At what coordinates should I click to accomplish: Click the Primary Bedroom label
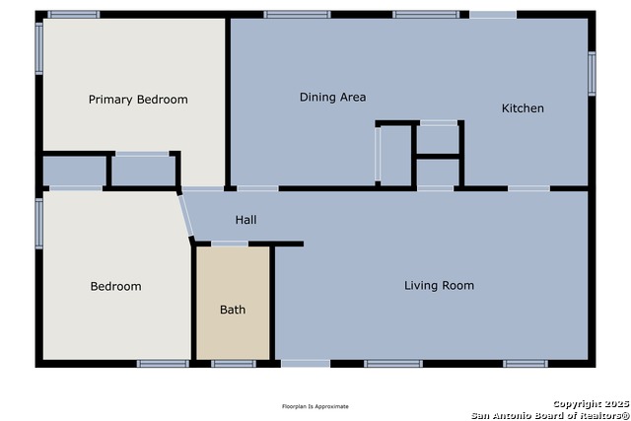tap(138, 100)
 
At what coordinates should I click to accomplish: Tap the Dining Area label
tap(333, 97)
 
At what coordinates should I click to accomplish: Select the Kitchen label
tap(523, 107)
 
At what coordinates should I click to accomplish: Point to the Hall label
tap(245, 219)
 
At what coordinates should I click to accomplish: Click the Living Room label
tap(439, 285)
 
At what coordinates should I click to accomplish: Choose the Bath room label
tap(233, 310)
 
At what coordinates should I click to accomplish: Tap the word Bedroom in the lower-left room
tap(116, 286)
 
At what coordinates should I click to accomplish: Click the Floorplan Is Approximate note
tap(315, 406)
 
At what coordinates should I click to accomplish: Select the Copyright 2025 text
tap(591, 403)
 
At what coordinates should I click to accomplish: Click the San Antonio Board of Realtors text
tap(550, 415)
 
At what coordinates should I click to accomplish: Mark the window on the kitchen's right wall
tap(592, 74)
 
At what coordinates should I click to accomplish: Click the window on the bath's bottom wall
tap(234, 364)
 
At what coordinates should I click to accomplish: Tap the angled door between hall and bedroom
tap(186, 215)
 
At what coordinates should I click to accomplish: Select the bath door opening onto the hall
tap(230, 244)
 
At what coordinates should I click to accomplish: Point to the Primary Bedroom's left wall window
tap(39, 48)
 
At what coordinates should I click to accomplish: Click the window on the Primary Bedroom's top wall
tap(74, 15)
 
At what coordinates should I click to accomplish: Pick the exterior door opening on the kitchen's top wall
tap(493, 15)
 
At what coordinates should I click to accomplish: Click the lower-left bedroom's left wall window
tap(39, 224)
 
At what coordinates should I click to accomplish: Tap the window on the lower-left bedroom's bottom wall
tap(163, 364)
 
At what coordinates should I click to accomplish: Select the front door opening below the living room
tap(306, 364)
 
